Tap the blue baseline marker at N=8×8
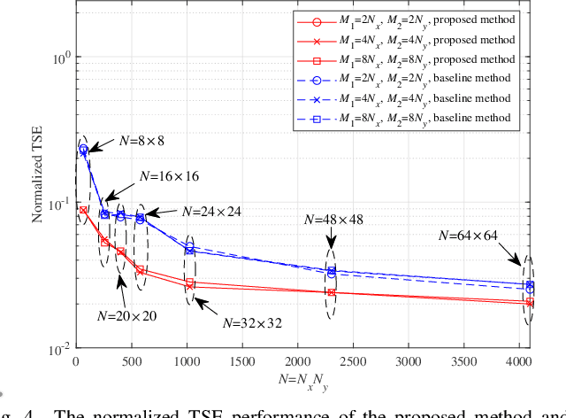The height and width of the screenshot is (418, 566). tap(83, 150)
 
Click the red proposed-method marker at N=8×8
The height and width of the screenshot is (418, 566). tap(83, 211)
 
